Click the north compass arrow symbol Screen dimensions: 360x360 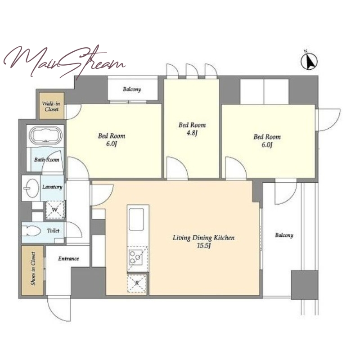[309, 61]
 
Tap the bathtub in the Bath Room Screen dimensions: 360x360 [47, 135]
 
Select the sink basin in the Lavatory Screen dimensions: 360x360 [31, 188]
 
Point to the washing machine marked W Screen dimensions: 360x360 [54, 210]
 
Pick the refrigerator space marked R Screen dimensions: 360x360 [137, 283]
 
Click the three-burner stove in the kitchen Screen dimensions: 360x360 [136, 257]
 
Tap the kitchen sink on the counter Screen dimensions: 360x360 [136, 219]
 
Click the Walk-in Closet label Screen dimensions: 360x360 [51, 106]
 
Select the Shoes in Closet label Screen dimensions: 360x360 [33, 269]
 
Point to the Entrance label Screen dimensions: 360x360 [68, 259]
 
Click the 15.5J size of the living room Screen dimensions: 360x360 [204, 246]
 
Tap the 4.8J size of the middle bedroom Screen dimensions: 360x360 [192, 133]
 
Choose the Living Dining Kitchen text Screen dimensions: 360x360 [204, 238]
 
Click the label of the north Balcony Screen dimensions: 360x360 [132, 89]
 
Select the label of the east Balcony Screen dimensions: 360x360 [284, 235]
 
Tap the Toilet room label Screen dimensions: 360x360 [53, 230]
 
